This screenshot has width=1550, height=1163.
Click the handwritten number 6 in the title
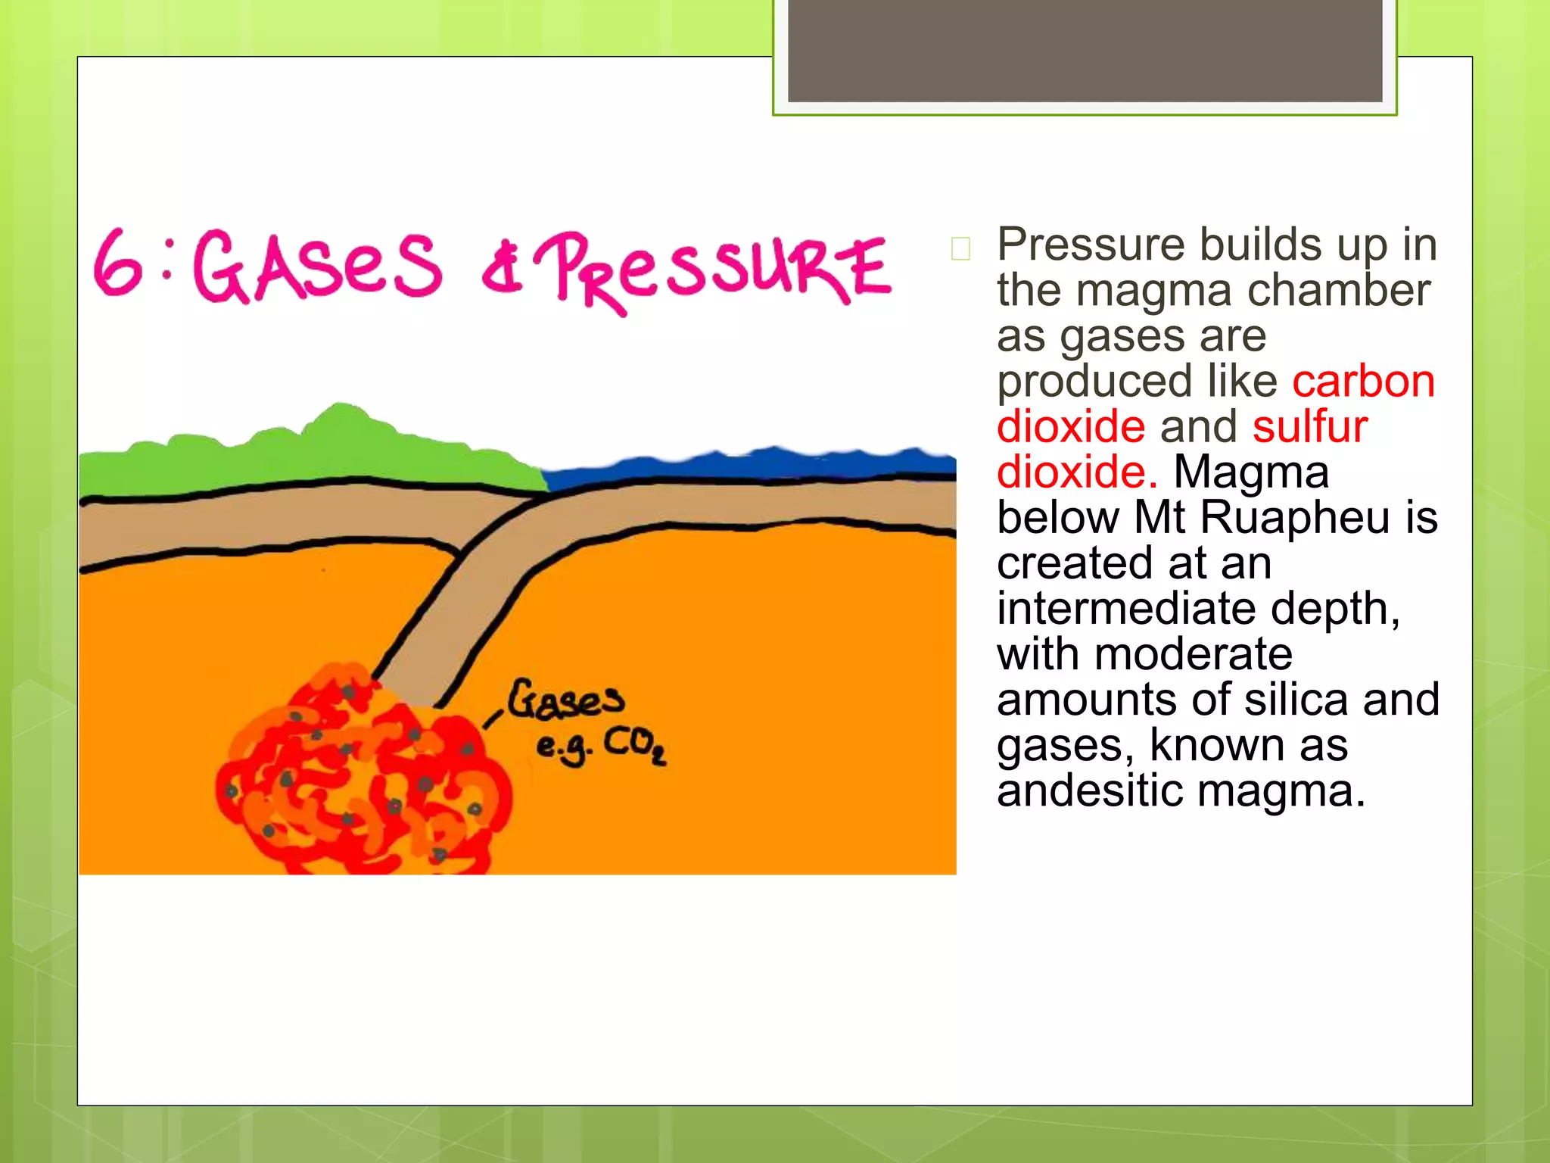point(118,263)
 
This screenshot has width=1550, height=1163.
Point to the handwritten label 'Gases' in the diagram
point(566,700)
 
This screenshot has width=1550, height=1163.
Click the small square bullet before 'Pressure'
point(960,248)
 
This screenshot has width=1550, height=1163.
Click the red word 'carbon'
point(1363,381)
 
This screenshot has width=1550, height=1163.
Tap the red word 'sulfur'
point(1309,426)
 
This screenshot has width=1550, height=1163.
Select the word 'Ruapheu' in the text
point(1295,517)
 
